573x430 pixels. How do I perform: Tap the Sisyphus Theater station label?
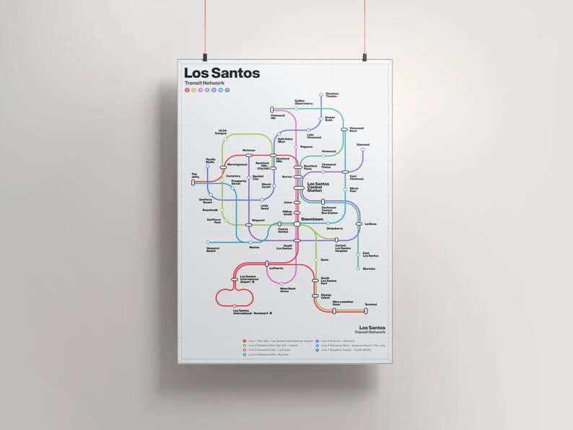point(332,95)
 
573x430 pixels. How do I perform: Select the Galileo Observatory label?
point(303,102)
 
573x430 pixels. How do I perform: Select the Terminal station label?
point(370,304)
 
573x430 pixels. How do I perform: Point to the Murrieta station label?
point(369,268)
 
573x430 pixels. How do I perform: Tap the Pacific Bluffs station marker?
point(208,167)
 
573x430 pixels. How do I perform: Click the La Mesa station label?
point(371,224)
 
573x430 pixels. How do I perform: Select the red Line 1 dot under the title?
point(187,91)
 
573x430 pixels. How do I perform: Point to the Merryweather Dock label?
point(343,303)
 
